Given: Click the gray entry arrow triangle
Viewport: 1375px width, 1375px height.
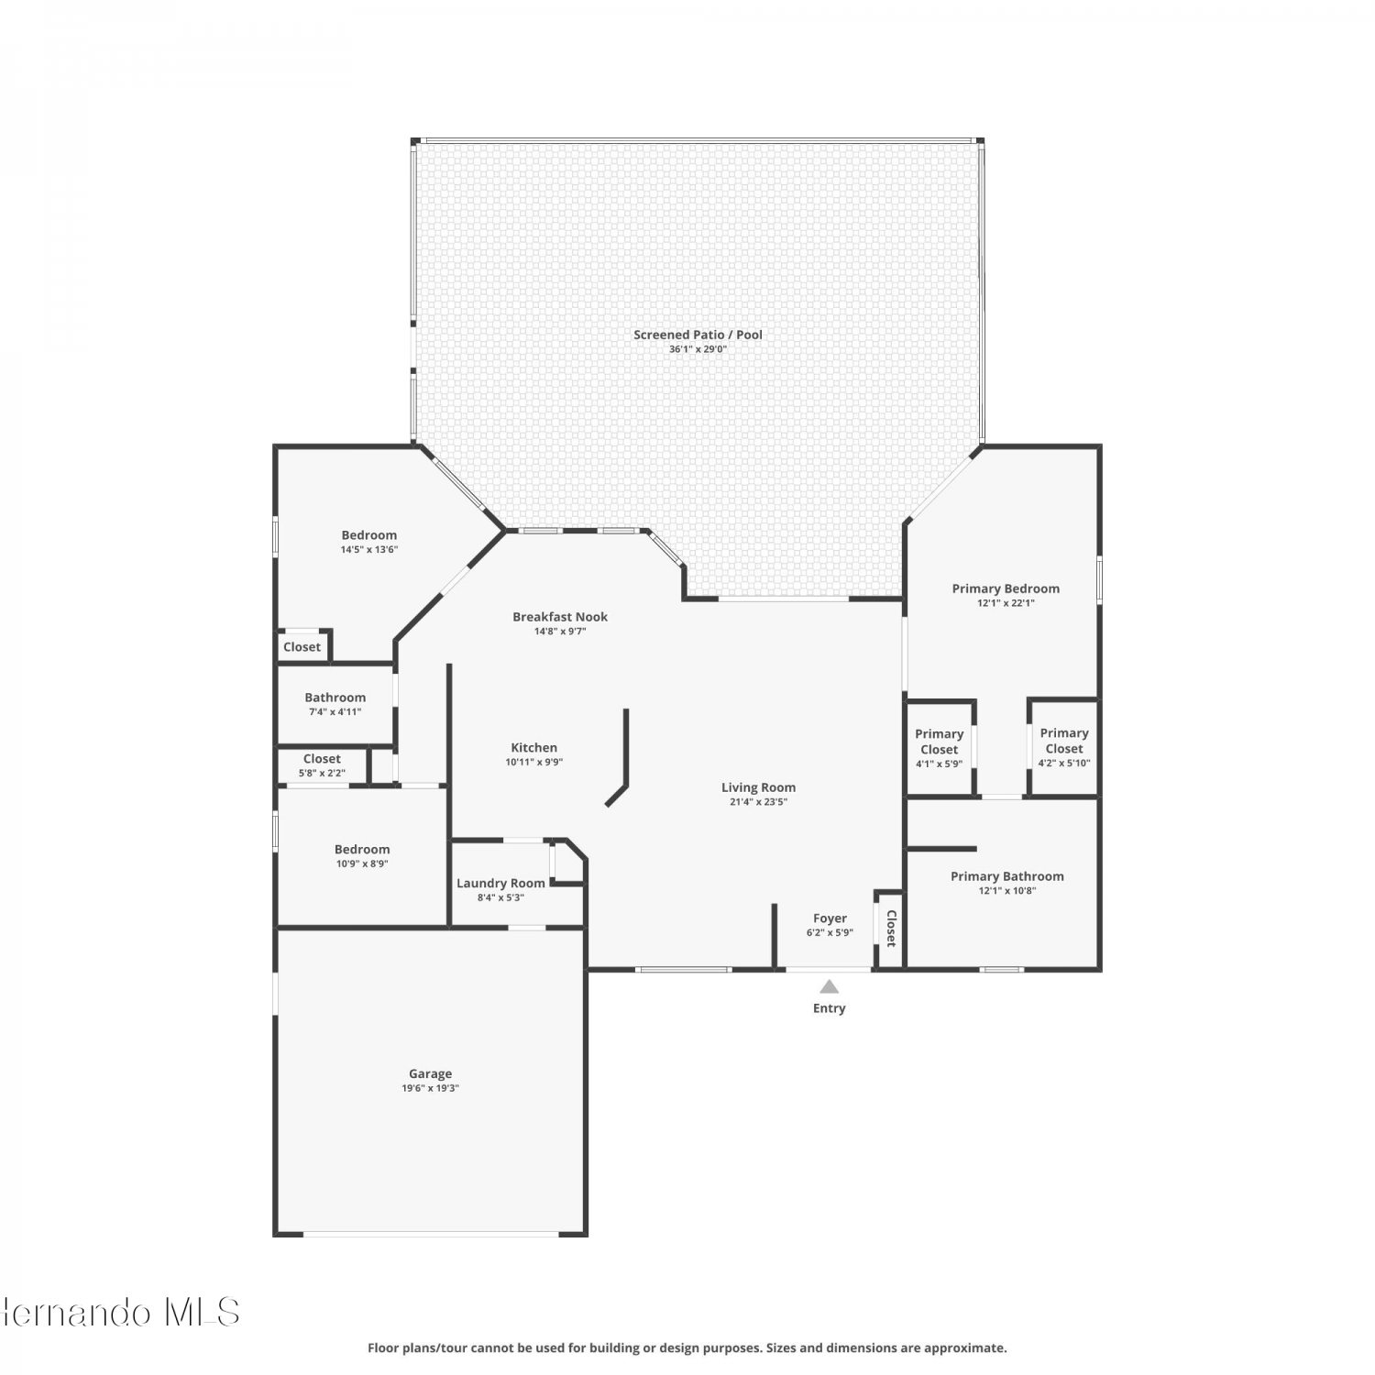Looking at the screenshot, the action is (829, 987).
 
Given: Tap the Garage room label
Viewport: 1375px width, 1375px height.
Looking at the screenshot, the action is (430, 1073).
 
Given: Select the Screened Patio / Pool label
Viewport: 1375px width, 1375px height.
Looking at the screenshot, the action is (698, 335).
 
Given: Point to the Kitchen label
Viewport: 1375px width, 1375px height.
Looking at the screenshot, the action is (533, 747).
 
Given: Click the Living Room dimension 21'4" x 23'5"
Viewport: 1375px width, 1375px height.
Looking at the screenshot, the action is (758, 802).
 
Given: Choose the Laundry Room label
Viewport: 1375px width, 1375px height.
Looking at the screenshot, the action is (500, 883).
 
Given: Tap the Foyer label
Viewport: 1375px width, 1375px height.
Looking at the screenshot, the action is (830, 918).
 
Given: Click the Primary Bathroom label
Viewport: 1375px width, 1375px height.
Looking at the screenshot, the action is (1006, 875).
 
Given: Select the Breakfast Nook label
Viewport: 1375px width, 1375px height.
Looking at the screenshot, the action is (560, 616).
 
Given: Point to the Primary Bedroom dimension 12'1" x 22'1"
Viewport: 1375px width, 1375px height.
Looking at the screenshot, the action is (1006, 603).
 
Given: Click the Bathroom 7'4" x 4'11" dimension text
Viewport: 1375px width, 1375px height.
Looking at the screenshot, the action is (335, 712).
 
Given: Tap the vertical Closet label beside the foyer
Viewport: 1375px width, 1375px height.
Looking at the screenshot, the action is (890, 928).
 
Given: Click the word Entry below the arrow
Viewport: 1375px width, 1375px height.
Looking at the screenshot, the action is (829, 1008).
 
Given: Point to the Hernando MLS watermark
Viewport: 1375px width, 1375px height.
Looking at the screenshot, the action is (119, 1312).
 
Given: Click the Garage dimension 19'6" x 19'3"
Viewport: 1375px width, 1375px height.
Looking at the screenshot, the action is (430, 1089).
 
